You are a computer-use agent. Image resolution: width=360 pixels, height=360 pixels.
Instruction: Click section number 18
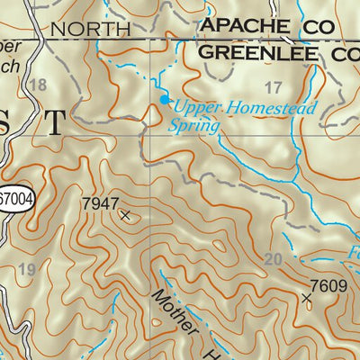(x=37, y=85)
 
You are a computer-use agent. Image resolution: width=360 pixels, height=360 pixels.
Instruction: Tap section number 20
(x=275, y=259)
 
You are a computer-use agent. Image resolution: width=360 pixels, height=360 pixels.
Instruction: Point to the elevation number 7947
(x=99, y=203)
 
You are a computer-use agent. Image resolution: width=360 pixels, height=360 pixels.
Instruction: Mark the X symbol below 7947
(x=124, y=215)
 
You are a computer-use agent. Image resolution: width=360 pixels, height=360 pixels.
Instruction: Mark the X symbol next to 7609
(x=307, y=297)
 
